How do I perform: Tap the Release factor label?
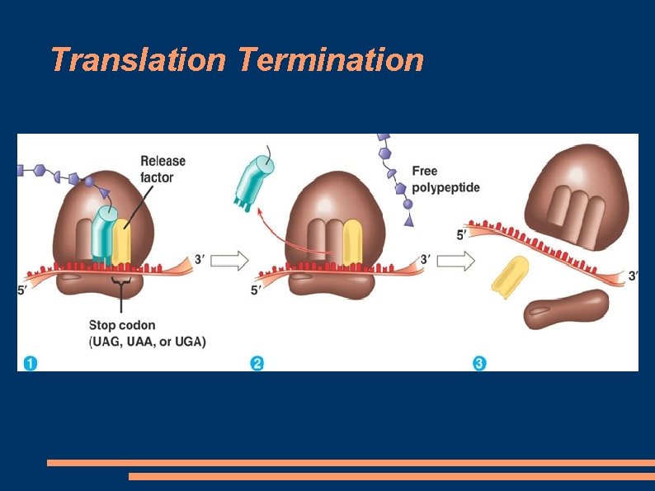(163, 169)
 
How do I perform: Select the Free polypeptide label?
(445, 179)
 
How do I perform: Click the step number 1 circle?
(30, 361)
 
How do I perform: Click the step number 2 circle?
(257, 361)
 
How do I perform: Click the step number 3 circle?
(479, 361)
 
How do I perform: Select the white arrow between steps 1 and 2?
(231, 262)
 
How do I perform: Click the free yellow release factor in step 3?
(509, 276)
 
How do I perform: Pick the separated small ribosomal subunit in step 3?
(566, 310)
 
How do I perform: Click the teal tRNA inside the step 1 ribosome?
(104, 234)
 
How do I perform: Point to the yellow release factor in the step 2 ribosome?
(352, 242)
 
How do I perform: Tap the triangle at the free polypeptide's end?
(408, 220)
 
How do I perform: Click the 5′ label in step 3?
(464, 235)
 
